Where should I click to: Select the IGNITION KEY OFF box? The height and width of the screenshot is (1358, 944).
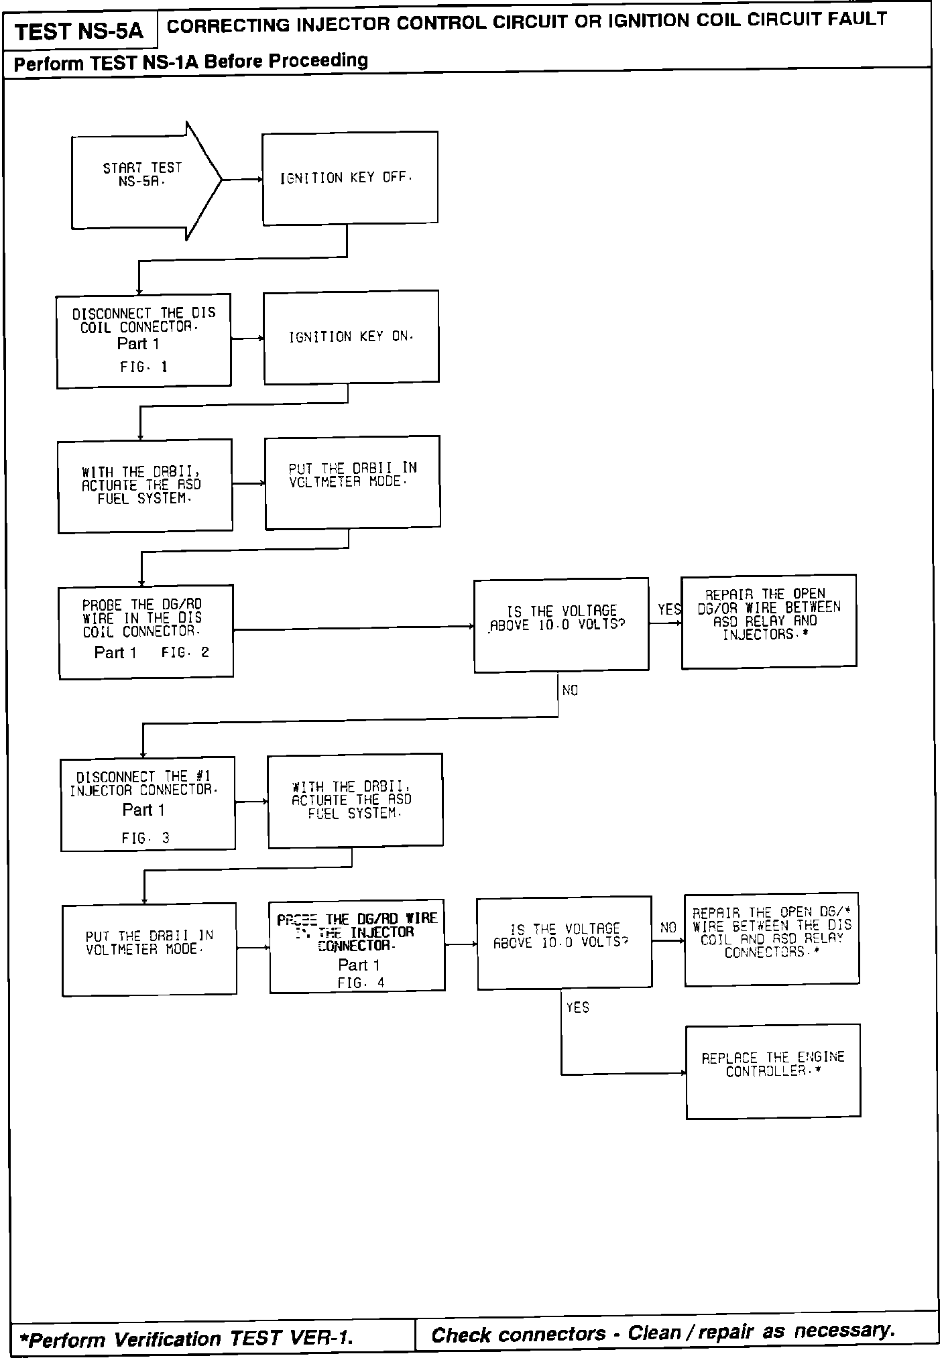(x=349, y=178)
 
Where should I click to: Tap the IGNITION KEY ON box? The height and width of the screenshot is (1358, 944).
(x=351, y=336)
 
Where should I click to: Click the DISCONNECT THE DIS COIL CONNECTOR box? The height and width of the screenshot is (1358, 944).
(x=143, y=340)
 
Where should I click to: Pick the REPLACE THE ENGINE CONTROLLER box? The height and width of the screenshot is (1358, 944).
(x=773, y=1071)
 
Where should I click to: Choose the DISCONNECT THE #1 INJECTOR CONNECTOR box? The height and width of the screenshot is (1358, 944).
(x=147, y=804)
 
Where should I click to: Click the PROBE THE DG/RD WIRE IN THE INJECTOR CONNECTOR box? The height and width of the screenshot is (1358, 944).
(x=357, y=946)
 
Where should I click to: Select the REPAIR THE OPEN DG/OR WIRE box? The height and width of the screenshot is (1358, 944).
(x=768, y=621)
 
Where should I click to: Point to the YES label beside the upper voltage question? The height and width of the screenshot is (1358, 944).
(x=668, y=609)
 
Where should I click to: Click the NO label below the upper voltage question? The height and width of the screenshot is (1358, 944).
(x=570, y=690)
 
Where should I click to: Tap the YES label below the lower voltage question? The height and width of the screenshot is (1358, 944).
(x=577, y=1007)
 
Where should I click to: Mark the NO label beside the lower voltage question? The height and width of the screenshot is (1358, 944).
(x=668, y=928)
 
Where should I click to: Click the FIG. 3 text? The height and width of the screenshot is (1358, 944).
(x=145, y=838)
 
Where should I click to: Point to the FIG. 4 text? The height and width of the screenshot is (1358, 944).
(x=361, y=983)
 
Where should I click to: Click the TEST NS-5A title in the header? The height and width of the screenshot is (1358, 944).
(x=79, y=32)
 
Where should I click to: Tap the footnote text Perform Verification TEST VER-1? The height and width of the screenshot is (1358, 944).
(x=186, y=1339)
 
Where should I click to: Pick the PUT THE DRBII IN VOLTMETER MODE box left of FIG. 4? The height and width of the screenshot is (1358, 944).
(x=150, y=948)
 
